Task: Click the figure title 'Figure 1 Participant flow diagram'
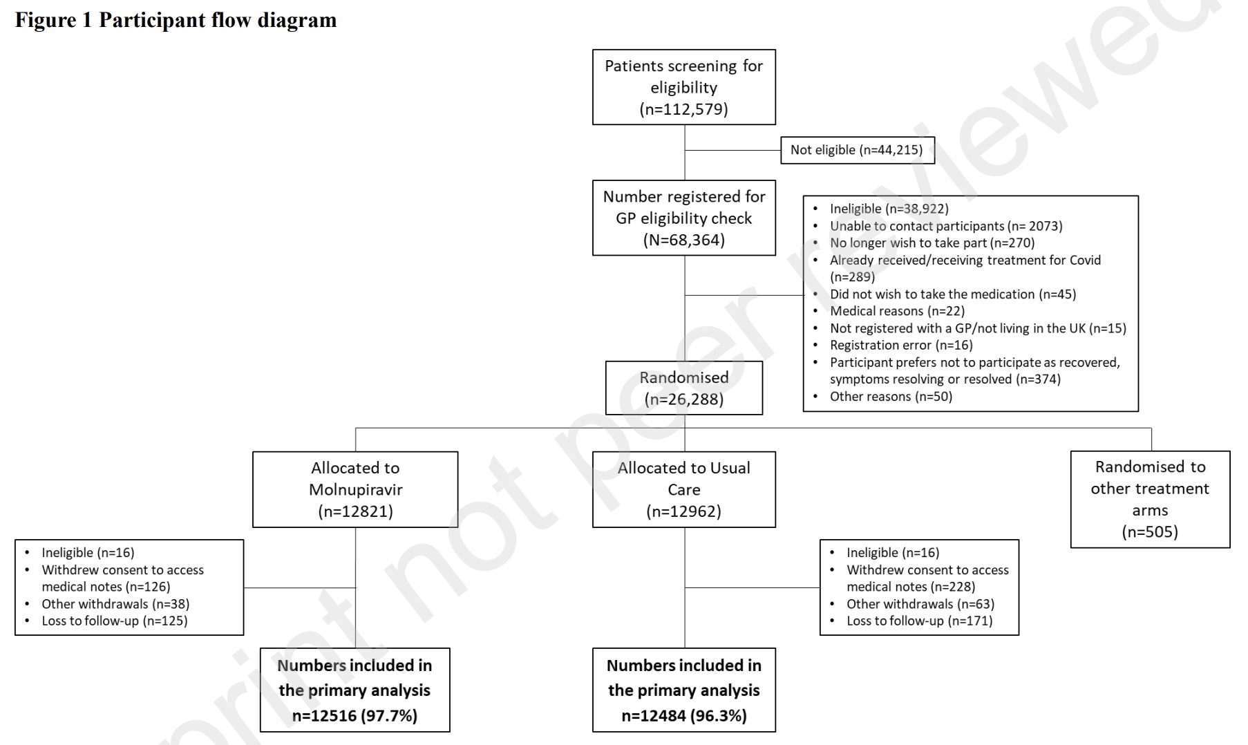(176, 20)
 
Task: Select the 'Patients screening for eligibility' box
(684, 87)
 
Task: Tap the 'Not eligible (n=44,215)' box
(857, 150)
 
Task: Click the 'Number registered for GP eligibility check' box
(684, 218)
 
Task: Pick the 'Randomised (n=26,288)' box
(684, 388)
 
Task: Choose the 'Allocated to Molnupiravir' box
(355, 489)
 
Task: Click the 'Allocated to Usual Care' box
(684, 489)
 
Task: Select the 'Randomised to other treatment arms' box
(1150, 500)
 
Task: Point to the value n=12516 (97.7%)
(354, 715)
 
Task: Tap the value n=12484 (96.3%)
(684, 715)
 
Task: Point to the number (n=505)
(1150, 531)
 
